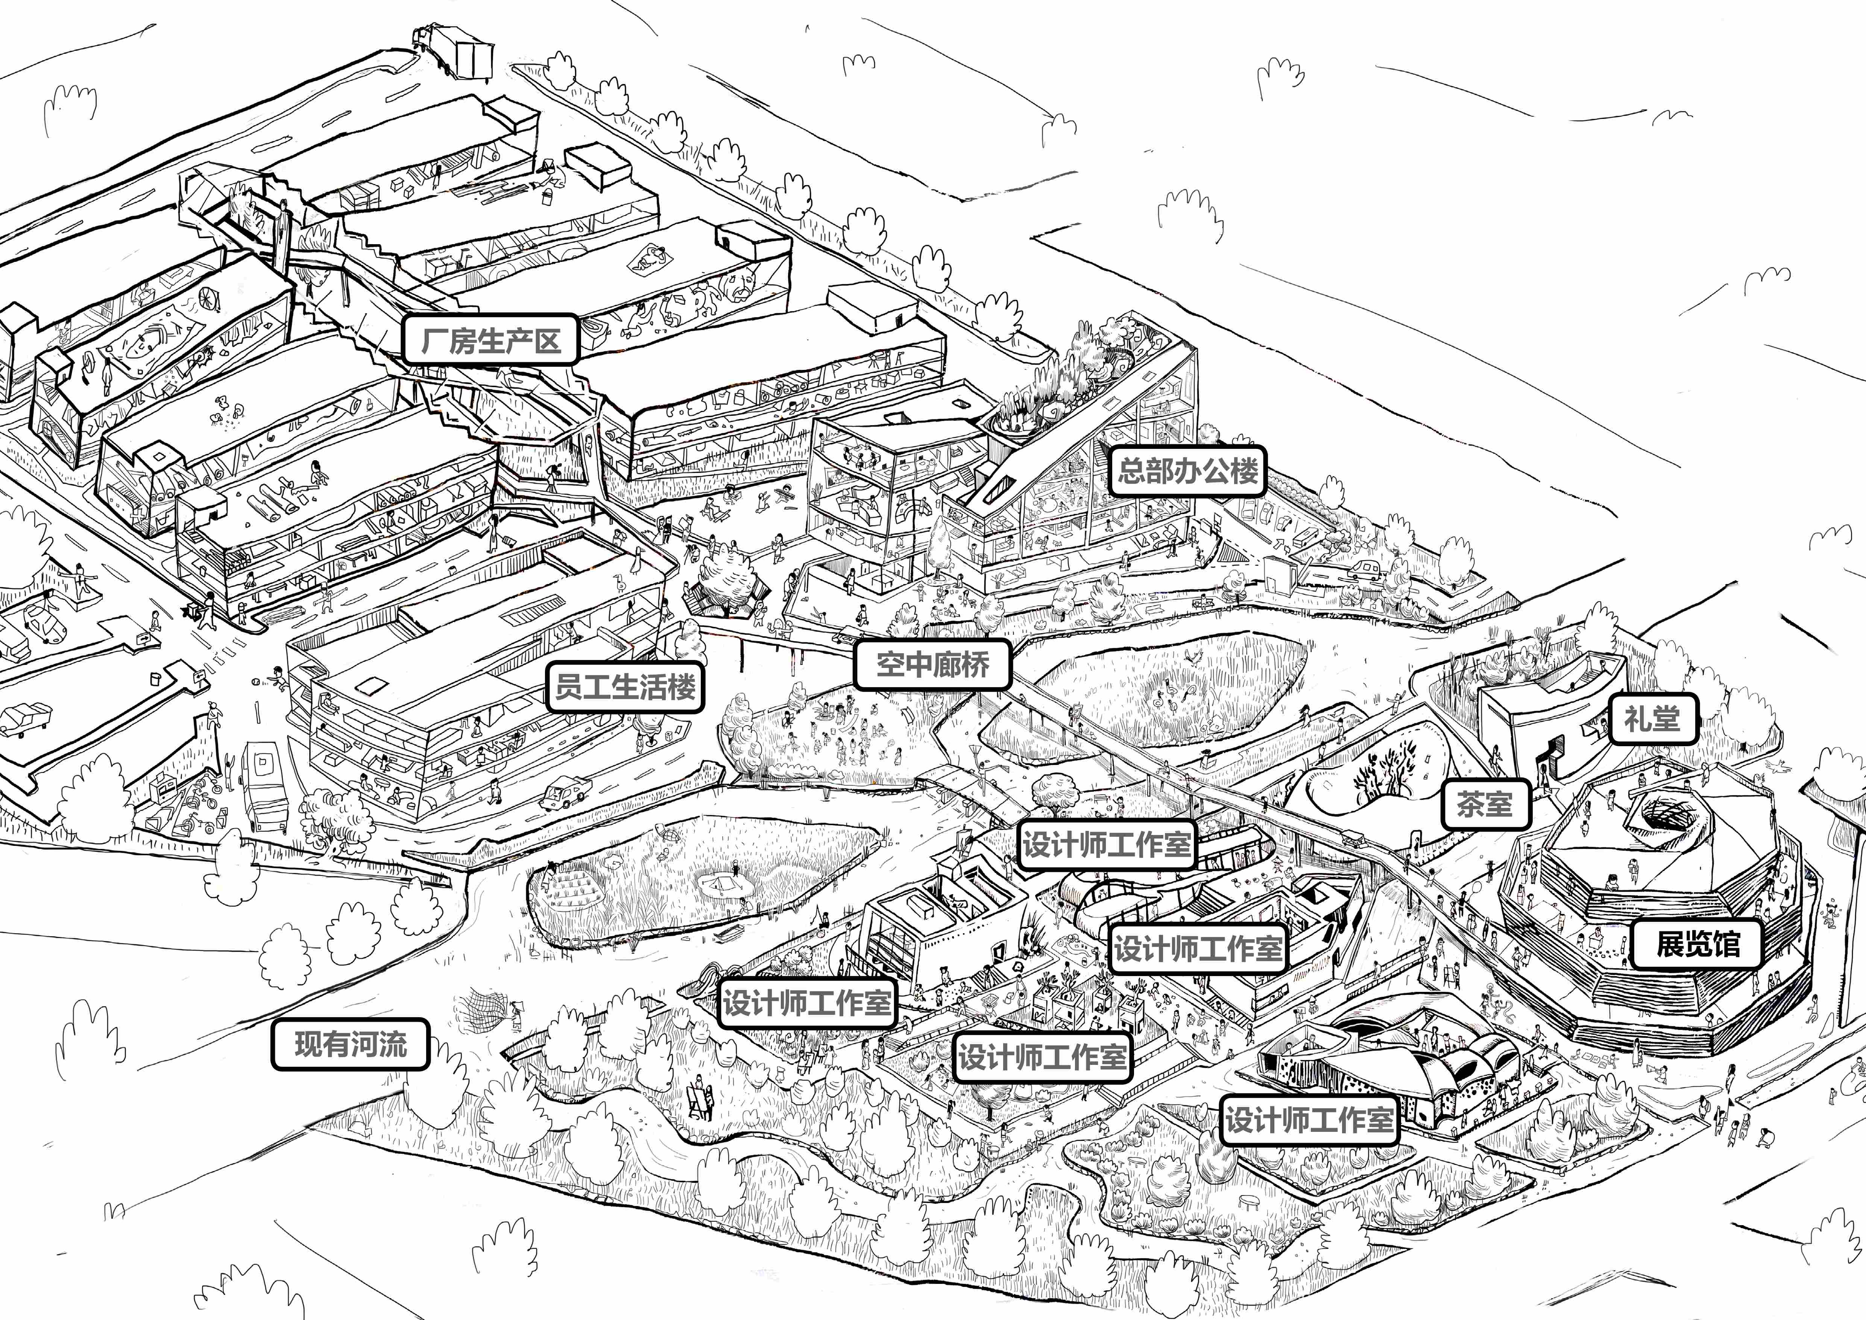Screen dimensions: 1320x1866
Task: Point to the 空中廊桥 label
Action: click(x=932, y=664)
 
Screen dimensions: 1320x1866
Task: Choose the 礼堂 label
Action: click(x=1652, y=719)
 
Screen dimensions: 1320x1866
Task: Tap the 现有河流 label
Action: click(x=350, y=1044)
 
